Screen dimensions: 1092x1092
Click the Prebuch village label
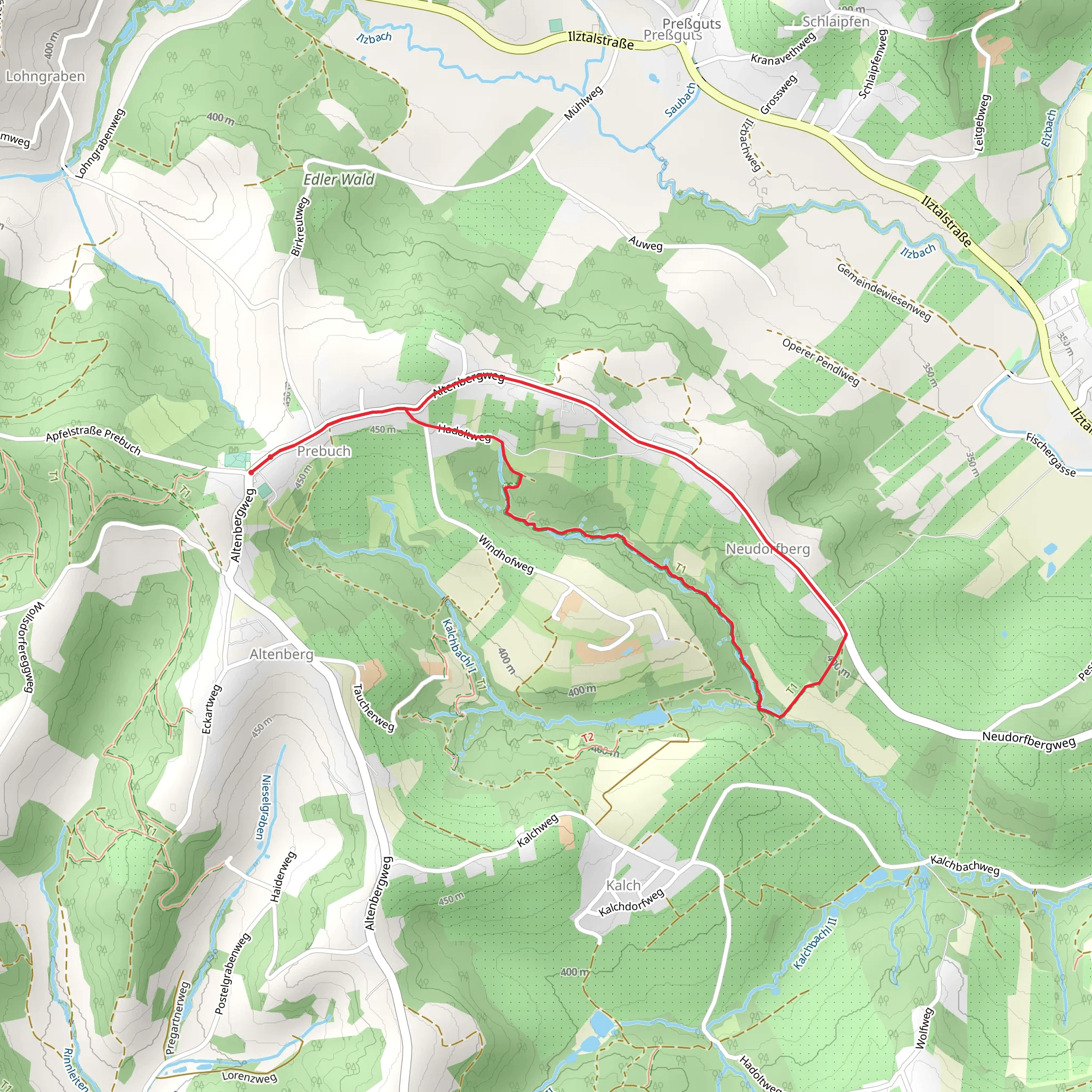[324, 451]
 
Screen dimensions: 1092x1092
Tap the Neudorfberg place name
[768, 549]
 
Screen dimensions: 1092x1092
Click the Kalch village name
[623, 885]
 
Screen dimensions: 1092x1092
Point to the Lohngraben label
[45, 76]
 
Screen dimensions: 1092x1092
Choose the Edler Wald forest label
[339, 180]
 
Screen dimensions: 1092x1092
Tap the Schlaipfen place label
[836, 22]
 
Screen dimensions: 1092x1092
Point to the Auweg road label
[646, 244]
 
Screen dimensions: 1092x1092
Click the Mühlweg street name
[584, 103]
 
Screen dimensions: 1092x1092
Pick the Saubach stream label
[681, 100]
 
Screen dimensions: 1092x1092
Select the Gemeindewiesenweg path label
[884, 292]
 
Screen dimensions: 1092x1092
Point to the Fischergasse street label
[1050, 454]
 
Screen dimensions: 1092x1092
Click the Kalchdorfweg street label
[631, 903]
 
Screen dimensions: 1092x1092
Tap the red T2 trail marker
[588, 737]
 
